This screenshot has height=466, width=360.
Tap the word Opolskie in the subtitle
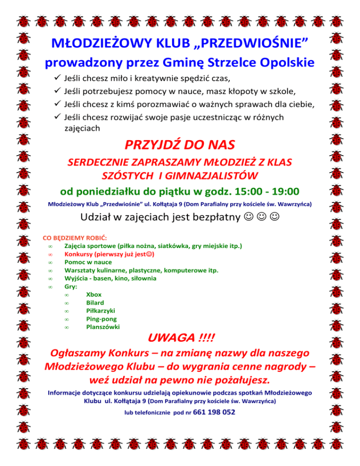[x=284, y=62]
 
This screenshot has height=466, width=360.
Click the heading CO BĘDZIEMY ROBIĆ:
[x=74, y=238]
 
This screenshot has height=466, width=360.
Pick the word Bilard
[x=95, y=303]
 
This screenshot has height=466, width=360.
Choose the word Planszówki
[x=103, y=327]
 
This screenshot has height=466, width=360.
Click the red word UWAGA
[x=171, y=338]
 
